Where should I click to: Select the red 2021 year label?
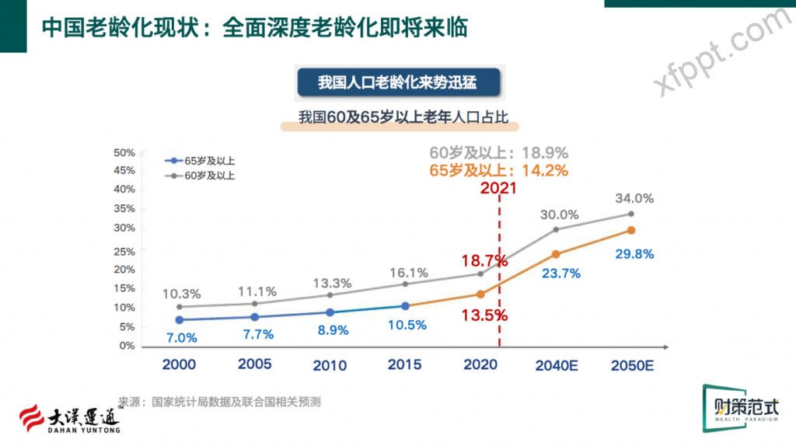(499, 187)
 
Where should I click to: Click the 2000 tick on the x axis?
(179, 364)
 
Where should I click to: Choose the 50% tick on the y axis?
(125, 152)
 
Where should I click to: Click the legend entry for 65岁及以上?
(201, 161)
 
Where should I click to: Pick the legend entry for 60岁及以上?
(201, 176)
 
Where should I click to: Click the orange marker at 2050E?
(631, 230)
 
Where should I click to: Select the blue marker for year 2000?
(180, 319)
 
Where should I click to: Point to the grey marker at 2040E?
(556, 229)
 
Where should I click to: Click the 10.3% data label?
(182, 294)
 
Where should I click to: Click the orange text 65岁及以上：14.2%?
(498, 170)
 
